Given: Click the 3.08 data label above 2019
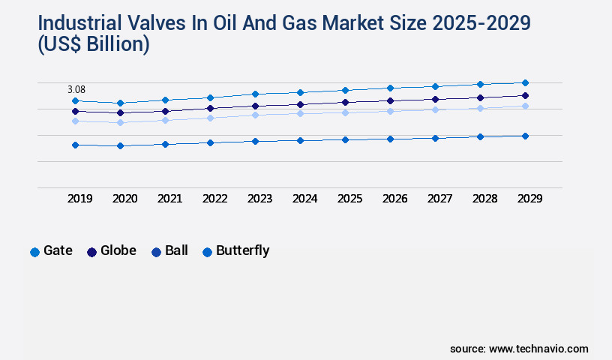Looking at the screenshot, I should tap(76, 89).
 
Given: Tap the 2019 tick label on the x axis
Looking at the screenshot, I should tap(80, 199).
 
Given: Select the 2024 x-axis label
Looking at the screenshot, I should tap(305, 199).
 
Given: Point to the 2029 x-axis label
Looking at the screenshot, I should tap(529, 199).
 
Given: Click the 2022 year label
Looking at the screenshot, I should tap(215, 199).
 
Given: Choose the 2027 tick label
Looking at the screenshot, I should tap(439, 199).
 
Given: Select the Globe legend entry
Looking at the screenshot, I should tap(112, 251).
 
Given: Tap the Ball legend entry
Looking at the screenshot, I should tap(169, 251).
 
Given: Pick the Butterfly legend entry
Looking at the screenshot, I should tap(235, 251).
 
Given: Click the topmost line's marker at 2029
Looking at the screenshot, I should tap(525, 82).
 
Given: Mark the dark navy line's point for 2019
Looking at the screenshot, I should tap(75, 111).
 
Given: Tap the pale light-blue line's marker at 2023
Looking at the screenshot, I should tap(255, 115).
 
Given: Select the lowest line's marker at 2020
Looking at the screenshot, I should tap(120, 145).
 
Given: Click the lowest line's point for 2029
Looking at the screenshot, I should tap(525, 136).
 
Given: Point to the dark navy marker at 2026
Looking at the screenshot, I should tap(390, 100).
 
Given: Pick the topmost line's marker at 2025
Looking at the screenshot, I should tap(345, 90).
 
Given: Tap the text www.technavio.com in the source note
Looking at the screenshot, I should tap(538, 349).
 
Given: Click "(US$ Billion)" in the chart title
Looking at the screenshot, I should tap(94, 45).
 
